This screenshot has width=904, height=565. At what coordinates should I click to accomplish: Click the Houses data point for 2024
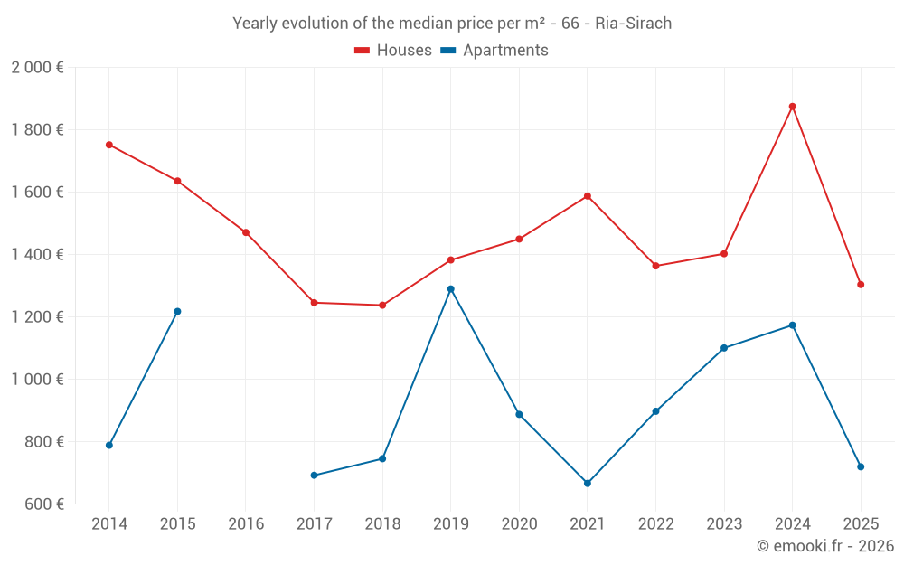792,107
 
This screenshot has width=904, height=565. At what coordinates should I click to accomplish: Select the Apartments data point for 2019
450,289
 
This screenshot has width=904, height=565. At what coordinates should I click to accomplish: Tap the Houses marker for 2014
109,145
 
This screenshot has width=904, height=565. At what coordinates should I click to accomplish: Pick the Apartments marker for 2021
588,484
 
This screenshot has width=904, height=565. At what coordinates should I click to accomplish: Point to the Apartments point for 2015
177,312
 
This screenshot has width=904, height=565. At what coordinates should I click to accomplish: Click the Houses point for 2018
382,306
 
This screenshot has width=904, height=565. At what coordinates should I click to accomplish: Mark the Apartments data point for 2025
861,466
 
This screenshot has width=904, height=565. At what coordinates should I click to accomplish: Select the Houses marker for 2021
588,196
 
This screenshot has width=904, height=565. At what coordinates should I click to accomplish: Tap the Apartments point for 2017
314,476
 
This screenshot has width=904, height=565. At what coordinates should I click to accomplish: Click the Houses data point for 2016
246,232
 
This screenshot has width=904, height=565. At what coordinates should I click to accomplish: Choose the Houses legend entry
393,51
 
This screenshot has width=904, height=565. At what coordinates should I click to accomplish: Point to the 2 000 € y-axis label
37,68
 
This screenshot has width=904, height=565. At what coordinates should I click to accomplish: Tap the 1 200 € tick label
37,317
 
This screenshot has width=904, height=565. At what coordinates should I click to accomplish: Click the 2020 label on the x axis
519,524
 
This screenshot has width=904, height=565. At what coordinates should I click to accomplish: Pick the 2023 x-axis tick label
724,524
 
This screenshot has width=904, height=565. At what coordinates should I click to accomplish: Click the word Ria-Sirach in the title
633,24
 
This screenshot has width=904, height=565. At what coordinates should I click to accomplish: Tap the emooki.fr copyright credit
824,546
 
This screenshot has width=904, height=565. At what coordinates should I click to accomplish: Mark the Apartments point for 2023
724,348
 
